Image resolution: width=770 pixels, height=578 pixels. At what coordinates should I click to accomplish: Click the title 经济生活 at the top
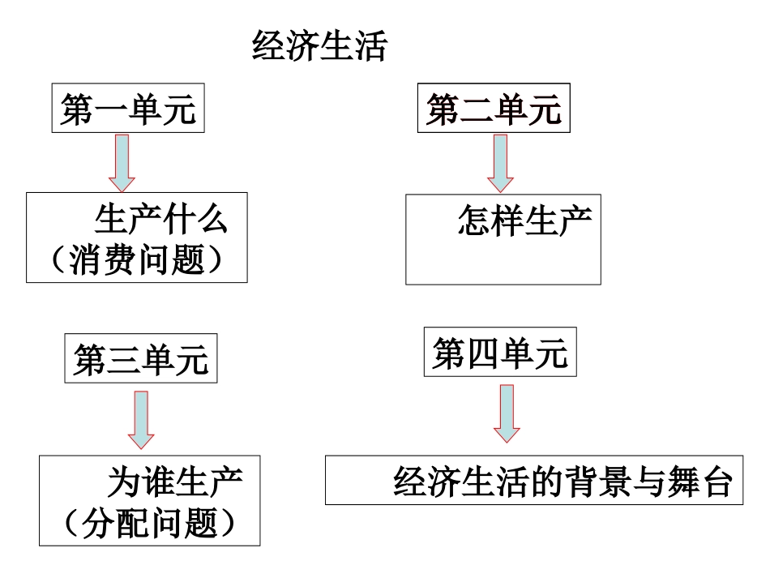(x=319, y=47)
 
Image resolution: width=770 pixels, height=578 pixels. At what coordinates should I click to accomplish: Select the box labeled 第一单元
(x=128, y=109)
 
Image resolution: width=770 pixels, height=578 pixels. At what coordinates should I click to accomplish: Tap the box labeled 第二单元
(x=494, y=109)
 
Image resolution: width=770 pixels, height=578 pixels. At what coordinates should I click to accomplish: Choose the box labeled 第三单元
(x=141, y=359)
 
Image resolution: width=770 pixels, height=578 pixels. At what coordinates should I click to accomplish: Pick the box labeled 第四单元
(x=500, y=353)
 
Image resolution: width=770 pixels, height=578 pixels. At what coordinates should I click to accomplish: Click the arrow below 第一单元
(x=122, y=161)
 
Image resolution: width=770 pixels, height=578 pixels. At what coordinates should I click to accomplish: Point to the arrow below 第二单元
(x=500, y=161)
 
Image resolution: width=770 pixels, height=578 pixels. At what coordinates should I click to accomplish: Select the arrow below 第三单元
(x=141, y=419)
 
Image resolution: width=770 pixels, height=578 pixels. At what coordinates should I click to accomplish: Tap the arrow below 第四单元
(x=507, y=413)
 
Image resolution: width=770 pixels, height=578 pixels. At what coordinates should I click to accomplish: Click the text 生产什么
(x=161, y=220)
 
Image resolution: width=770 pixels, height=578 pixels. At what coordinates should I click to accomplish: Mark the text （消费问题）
(x=136, y=262)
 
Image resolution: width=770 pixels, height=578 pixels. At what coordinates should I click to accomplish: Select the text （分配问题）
(x=151, y=524)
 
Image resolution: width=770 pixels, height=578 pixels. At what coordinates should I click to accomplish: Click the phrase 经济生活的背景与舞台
(x=563, y=482)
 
